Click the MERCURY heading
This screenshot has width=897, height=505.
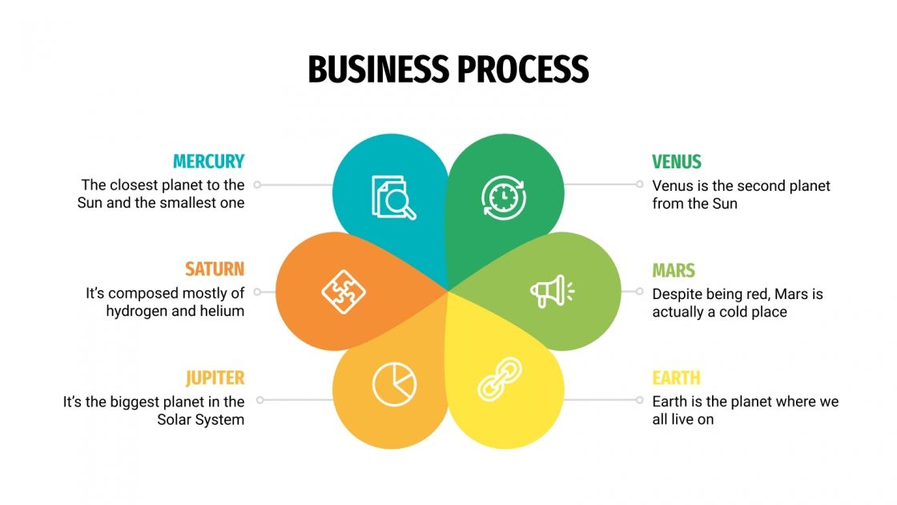(x=208, y=161)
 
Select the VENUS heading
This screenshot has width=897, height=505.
(x=676, y=162)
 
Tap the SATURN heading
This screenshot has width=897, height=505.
(x=215, y=269)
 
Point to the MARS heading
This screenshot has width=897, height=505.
(x=673, y=270)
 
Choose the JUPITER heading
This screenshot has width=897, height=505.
(x=215, y=378)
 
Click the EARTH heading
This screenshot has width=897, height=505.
(x=676, y=378)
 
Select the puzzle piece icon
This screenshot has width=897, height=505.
(x=344, y=291)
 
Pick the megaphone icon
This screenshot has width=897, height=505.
(x=552, y=291)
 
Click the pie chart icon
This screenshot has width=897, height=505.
(x=394, y=384)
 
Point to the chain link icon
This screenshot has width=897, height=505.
(x=500, y=378)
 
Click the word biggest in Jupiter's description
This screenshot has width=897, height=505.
(x=137, y=402)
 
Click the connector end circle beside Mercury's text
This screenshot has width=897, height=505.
(x=258, y=184)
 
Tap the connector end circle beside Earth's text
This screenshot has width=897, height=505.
(x=639, y=399)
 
